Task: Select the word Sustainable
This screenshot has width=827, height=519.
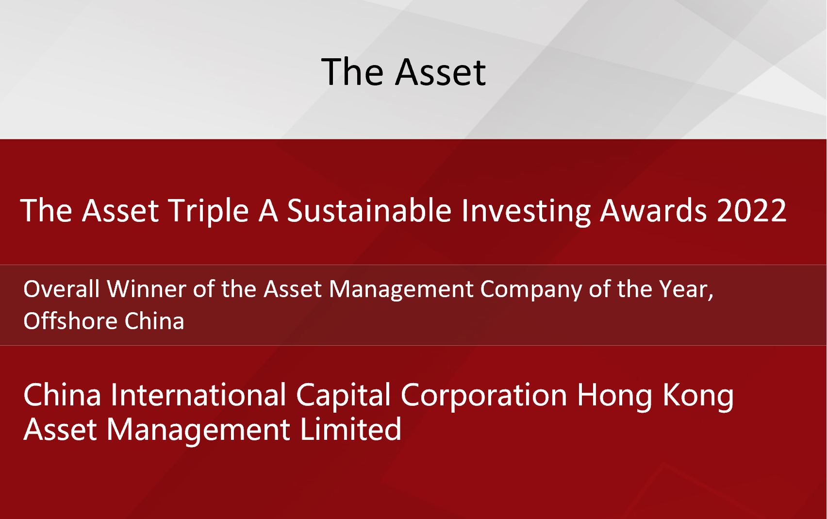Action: click(369, 210)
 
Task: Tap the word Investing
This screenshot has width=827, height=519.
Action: click(526, 211)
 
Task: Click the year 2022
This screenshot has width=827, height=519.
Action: click(752, 210)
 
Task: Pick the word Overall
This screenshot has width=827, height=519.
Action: click(61, 288)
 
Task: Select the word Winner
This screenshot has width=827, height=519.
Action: click(147, 288)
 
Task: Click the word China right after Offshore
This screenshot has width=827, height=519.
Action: click(154, 320)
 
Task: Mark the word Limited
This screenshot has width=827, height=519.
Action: click(350, 429)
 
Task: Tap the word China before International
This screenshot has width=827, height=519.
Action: click(62, 395)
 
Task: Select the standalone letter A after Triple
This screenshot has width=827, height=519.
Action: click(268, 211)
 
